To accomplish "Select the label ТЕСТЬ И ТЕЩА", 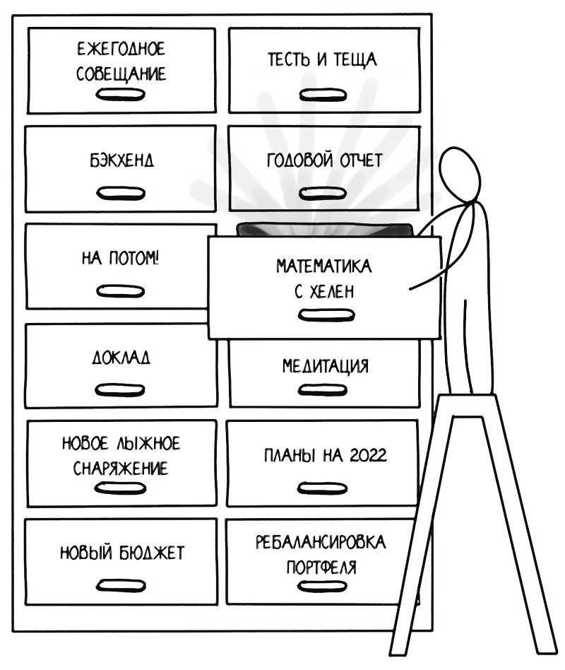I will (322, 59).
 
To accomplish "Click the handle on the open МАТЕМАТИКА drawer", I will (315, 316).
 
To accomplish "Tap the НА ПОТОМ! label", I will (121, 258).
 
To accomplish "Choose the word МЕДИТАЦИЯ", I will (326, 366).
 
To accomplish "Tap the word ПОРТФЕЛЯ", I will (321, 567).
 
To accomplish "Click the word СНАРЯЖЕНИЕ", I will (121, 467).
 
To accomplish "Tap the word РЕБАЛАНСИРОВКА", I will (321, 543).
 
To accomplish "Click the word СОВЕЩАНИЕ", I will (121, 74).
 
